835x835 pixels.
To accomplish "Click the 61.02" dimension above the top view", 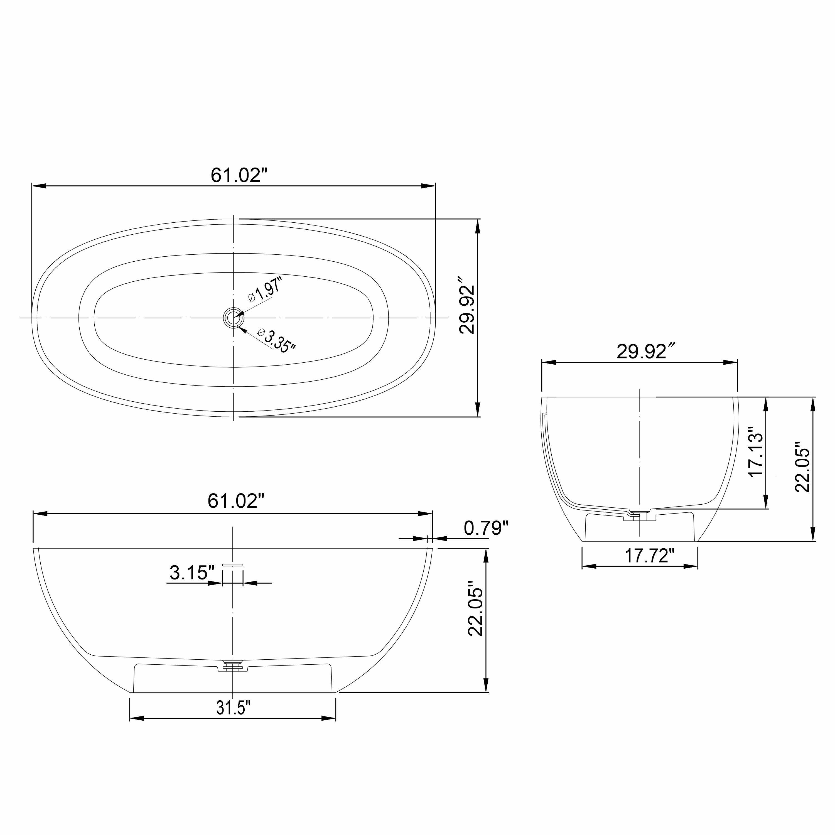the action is (239, 175).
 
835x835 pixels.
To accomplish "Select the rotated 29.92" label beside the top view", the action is (467, 310).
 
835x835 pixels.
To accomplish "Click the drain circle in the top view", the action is (234, 318).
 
